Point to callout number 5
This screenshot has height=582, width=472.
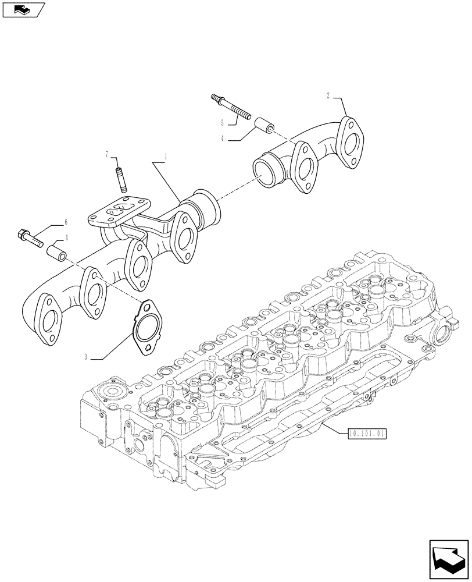(221, 123)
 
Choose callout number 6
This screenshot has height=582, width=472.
(66, 222)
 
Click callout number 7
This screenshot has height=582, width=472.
(107, 154)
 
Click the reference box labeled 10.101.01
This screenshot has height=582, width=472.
(367, 433)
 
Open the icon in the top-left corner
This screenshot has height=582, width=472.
(23, 9)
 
